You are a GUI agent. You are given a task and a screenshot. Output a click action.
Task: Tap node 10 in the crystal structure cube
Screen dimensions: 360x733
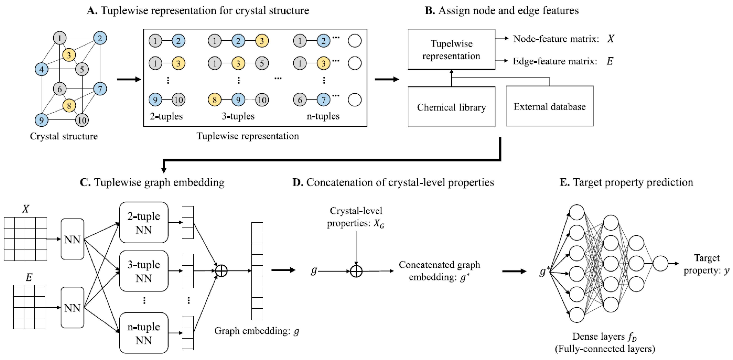[82, 120]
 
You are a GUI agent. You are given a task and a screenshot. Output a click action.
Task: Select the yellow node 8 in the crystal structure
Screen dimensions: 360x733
[69, 106]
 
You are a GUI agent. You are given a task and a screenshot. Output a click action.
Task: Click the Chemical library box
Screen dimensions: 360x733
[451, 107]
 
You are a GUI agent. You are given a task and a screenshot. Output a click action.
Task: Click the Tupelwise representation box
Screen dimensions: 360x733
[451, 49]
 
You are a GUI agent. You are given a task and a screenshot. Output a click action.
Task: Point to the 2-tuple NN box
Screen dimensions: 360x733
[144, 223]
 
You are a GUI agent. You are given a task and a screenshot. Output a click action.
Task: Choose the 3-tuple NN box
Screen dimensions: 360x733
[144, 271]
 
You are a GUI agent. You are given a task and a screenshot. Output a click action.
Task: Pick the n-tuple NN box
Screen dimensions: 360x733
[144, 333]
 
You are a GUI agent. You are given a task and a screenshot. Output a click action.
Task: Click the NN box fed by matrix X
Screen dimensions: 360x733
[72, 239]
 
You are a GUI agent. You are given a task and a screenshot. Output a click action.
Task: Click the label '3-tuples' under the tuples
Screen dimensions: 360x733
[238, 116]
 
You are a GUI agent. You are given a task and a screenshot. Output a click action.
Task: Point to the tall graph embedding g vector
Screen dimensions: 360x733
[257, 271]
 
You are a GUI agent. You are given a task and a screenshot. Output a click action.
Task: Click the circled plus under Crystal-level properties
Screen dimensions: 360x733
[356, 271]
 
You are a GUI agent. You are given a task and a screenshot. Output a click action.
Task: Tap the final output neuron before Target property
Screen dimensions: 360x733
[660, 263]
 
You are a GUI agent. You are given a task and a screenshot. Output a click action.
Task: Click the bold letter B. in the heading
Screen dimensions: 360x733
[430, 11]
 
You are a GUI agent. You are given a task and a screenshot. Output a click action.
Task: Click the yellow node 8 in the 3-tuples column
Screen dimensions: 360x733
[215, 100]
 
